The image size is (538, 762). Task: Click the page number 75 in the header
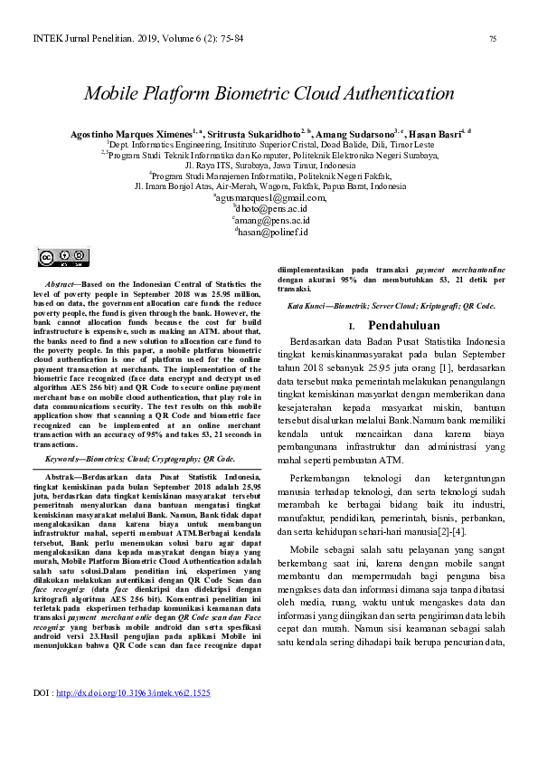493,39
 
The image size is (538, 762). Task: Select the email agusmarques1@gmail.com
269,196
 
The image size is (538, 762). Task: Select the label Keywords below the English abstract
65,459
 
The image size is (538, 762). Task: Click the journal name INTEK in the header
47,39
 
